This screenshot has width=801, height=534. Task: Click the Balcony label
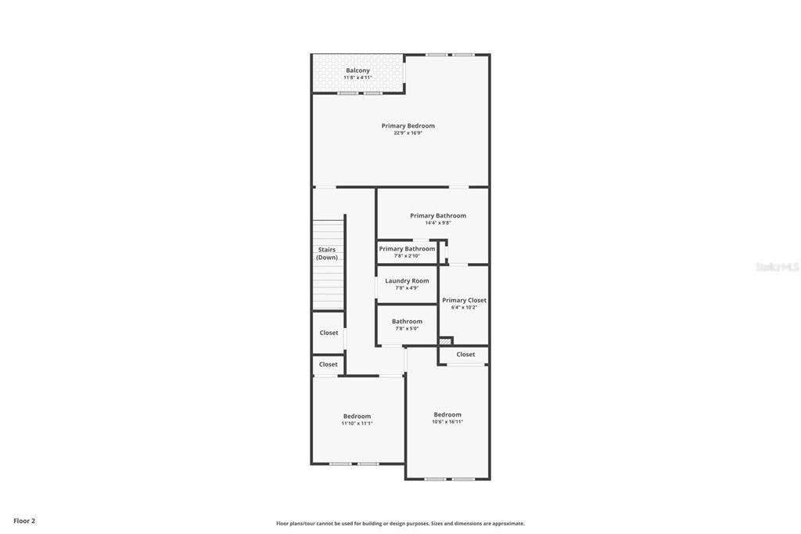tap(357, 70)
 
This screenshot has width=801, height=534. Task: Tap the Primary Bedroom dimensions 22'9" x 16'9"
tap(408, 133)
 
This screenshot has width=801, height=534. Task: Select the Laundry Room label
tap(407, 280)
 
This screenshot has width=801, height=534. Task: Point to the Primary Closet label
tap(464, 300)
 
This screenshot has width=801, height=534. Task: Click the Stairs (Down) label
tap(327, 254)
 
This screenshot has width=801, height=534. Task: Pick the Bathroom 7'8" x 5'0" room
tap(407, 324)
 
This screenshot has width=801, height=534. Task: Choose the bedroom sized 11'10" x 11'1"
tap(357, 420)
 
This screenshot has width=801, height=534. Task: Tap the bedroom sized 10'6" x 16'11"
tap(447, 418)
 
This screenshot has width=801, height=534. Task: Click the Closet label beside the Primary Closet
tap(465, 354)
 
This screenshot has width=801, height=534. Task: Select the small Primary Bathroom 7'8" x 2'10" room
tap(407, 251)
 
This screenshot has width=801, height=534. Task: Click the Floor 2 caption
tap(24, 521)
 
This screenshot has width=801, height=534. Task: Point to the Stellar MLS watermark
tap(777, 267)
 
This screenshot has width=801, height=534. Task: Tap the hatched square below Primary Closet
tap(445, 341)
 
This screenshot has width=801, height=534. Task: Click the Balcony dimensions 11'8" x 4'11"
tap(357, 78)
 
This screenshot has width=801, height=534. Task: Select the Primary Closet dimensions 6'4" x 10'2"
tap(464, 308)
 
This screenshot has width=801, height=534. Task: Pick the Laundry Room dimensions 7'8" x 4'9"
tap(407, 288)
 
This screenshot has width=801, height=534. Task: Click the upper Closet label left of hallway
tap(329, 333)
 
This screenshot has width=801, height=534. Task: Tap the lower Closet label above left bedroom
tap(329, 364)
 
